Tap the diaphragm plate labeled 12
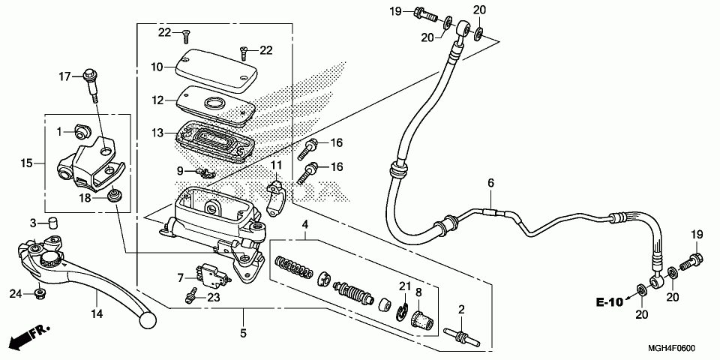coord(214,106)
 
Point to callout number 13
coord(157,133)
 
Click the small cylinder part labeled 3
coord(53,222)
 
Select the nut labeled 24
coord(38,292)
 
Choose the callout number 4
coord(305,225)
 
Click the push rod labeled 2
coord(461,332)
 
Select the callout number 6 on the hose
coord(491,183)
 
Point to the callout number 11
coord(276,164)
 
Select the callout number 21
coord(405,286)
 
